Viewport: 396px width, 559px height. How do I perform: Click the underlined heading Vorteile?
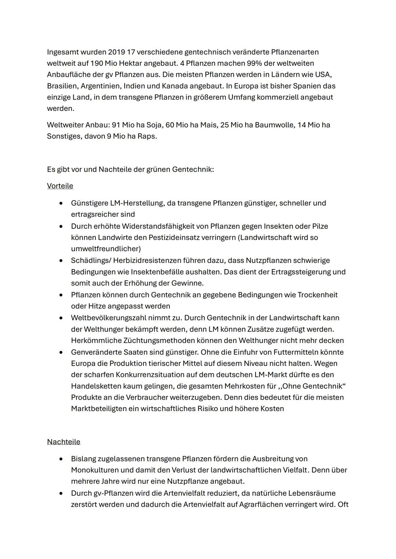click(x=60, y=186)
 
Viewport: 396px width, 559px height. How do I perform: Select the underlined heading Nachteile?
click(x=63, y=442)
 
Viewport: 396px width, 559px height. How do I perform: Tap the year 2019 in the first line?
click(x=116, y=52)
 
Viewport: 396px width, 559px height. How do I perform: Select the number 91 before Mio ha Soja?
click(x=116, y=125)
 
